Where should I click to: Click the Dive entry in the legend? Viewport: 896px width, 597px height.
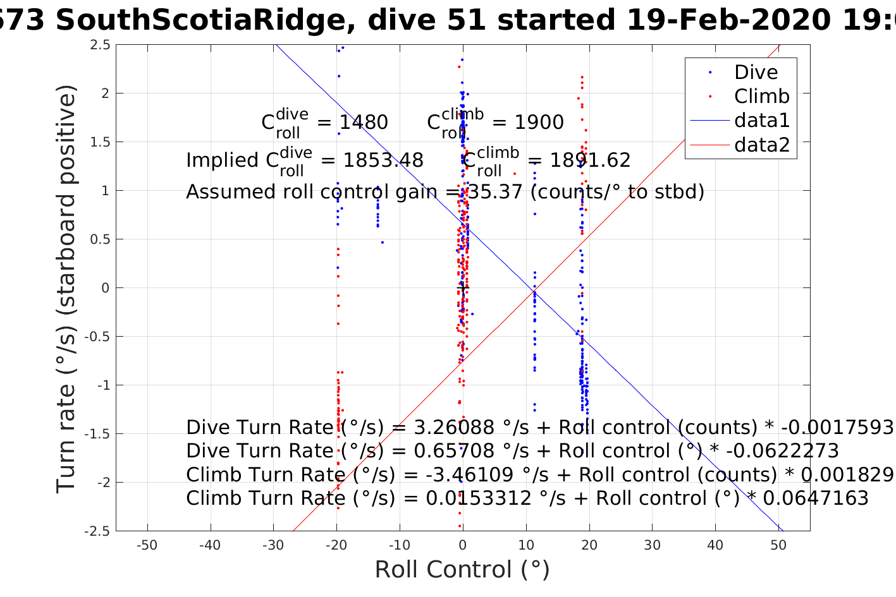click(756, 72)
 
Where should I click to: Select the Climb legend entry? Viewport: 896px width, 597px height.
click(761, 96)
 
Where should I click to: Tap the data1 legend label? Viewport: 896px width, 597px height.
click(762, 120)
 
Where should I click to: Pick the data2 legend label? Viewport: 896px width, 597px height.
click(762, 145)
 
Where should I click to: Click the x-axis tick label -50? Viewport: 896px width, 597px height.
click(147, 545)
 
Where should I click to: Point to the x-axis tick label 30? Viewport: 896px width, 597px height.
click(652, 545)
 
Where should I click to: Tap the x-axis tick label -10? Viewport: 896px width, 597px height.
click(399, 545)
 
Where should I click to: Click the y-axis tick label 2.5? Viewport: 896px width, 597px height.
click(101, 45)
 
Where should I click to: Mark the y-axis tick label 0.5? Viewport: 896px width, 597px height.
click(101, 239)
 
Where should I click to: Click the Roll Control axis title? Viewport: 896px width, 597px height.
click(462, 570)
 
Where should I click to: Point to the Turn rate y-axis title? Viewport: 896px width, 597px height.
click(67, 288)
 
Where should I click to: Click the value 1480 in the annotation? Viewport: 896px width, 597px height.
click(364, 123)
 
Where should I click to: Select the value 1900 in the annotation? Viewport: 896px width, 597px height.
click(539, 123)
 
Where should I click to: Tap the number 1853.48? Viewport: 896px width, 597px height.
click(383, 160)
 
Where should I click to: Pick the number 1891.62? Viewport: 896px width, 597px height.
click(590, 160)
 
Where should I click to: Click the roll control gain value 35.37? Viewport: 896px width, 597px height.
click(495, 191)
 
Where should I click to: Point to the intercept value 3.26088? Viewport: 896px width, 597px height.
click(454, 428)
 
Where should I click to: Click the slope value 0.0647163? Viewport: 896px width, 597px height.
click(816, 498)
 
